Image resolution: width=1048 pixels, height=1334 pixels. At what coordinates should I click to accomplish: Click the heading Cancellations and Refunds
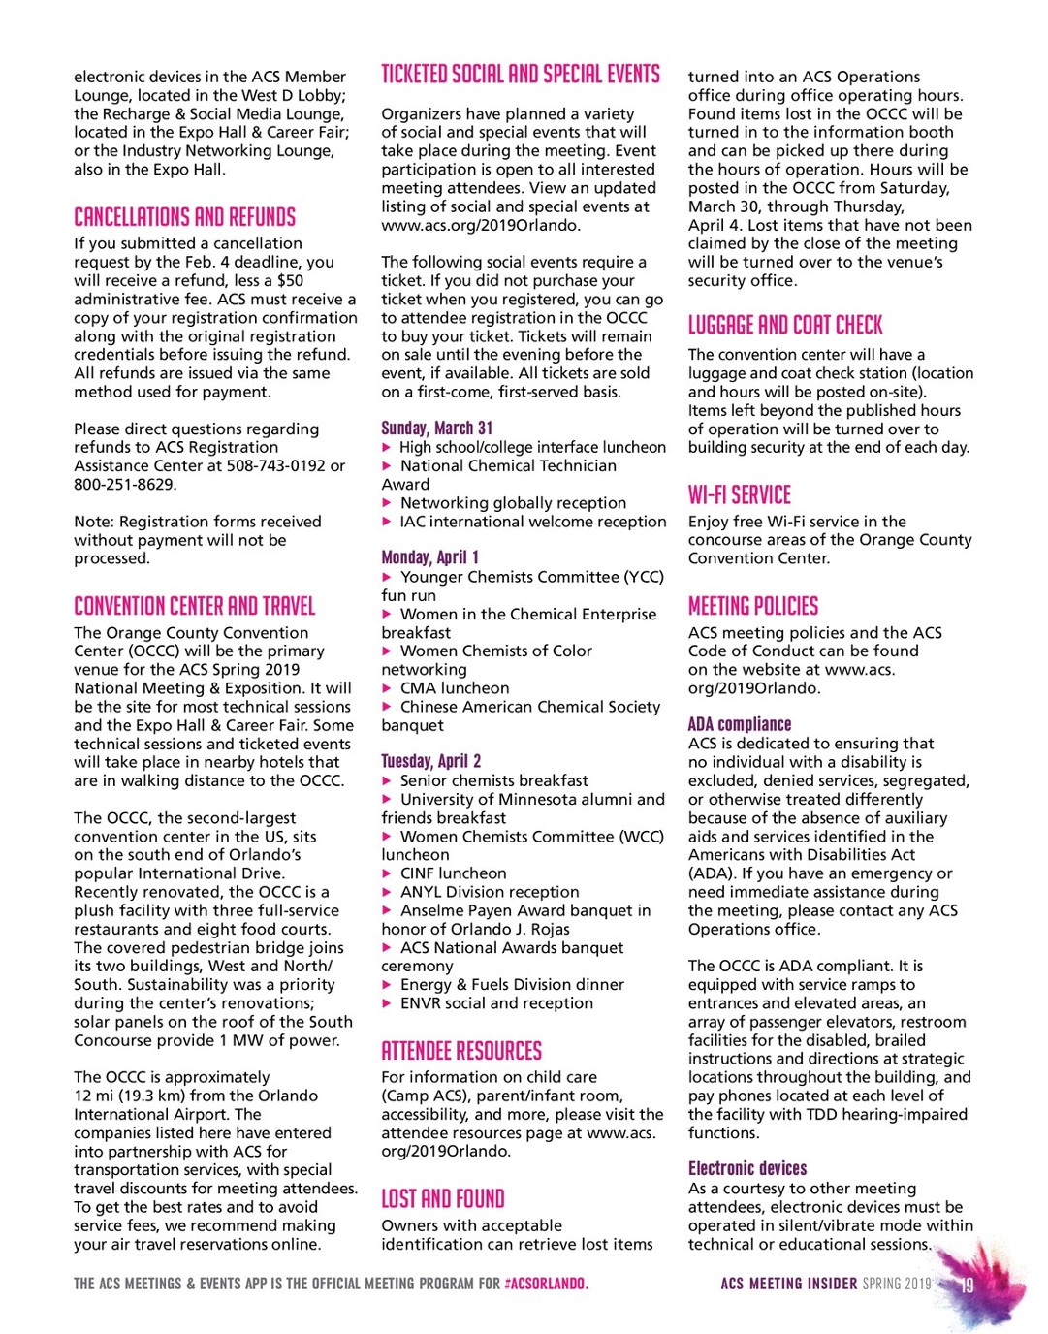(x=184, y=216)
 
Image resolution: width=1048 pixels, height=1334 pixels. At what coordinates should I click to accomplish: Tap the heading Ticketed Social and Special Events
(x=521, y=75)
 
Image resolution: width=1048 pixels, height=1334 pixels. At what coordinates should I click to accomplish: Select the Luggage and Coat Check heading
(x=785, y=325)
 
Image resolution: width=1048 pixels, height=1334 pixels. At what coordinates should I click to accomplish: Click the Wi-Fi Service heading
(x=740, y=494)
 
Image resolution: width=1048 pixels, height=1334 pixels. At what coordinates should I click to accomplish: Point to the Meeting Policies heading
(x=753, y=606)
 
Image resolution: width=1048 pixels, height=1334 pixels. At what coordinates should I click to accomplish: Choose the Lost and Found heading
(x=443, y=1198)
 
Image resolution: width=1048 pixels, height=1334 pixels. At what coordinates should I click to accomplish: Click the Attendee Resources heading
(x=461, y=1051)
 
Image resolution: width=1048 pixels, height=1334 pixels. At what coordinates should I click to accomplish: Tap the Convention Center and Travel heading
(x=195, y=606)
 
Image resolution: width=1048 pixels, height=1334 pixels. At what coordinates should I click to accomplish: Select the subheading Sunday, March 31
(x=437, y=428)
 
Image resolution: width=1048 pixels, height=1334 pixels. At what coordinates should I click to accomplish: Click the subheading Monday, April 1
(x=429, y=557)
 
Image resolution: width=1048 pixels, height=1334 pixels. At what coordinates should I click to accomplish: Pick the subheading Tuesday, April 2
(x=431, y=761)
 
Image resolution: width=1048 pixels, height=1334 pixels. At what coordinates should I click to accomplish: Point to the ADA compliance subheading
(x=740, y=724)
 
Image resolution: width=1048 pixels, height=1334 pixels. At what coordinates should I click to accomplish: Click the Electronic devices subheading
(x=747, y=1168)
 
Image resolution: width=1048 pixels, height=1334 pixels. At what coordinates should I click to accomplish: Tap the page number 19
(x=967, y=1286)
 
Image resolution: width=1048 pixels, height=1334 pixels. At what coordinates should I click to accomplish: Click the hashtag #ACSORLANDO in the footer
(x=546, y=1284)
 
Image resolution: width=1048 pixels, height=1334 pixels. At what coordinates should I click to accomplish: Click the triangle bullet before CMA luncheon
(x=388, y=688)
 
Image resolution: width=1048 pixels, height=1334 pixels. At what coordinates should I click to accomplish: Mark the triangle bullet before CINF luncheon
(x=388, y=873)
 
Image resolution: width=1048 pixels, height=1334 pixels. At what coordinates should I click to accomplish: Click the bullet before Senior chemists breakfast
(x=388, y=780)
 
